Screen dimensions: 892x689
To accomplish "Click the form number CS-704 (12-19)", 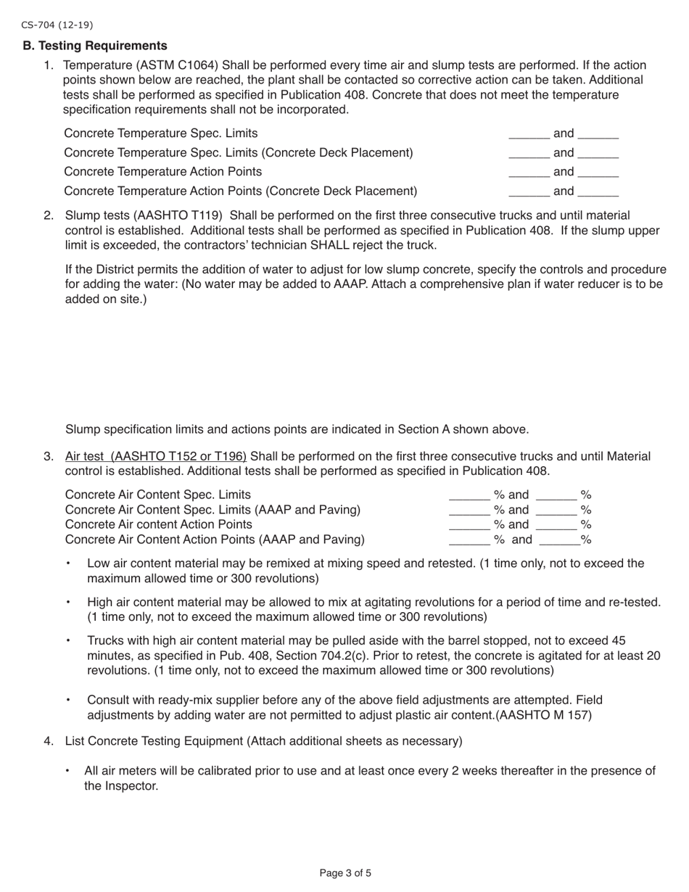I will pyautogui.click(x=57, y=25).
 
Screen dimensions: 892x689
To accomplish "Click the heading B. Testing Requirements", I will pyautogui.click(x=95, y=46).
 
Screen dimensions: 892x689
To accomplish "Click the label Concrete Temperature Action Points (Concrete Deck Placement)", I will pyautogui.click(x=240, y=191).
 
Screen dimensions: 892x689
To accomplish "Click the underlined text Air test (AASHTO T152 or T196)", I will pyautogui.click(x=155, y=456).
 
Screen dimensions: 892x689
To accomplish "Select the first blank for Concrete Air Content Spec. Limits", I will pyautogui.click(x=469, y=496).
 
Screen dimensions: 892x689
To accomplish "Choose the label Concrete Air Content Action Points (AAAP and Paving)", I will pyautogui.click(x=215, y=540).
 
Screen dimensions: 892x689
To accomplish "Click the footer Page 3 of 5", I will pyautogui.click(x=345, y=873).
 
